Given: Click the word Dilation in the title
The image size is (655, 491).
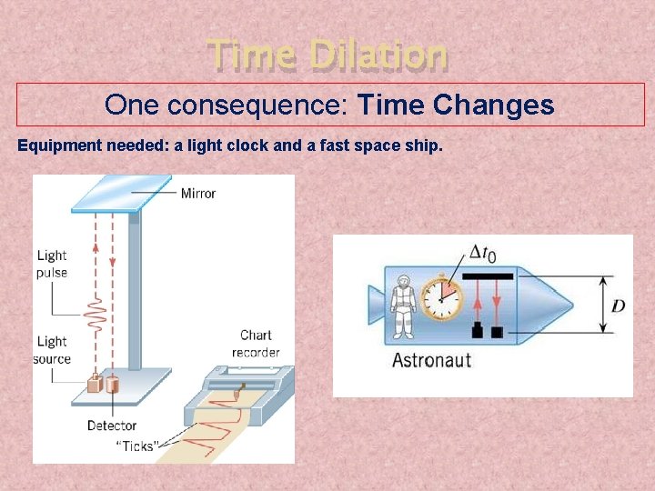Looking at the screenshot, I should (x=378, y=55).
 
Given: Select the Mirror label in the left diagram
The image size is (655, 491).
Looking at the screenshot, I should (x=197, y=193).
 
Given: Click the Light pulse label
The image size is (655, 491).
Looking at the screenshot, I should (x=52, y=264).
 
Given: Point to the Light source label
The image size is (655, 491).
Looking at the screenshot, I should (x=53, y=350).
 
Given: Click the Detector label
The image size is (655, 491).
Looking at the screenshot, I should (x=111, y=425).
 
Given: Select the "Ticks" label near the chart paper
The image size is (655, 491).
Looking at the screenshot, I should (x=137, y=445).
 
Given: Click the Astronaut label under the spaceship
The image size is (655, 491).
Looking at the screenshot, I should (x=431, y=360).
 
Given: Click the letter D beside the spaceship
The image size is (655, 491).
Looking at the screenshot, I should (x=618, y=306).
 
